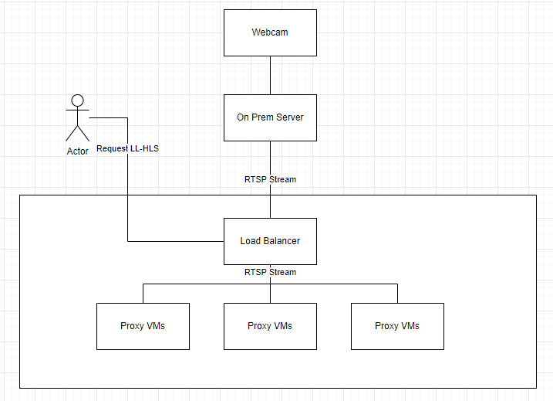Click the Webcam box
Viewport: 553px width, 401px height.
[x=270, y=33]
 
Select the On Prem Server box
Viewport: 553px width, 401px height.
[x=270, y=117]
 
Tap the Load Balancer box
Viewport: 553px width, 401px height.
[x=270, y=241]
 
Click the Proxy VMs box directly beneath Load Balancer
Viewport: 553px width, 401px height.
[x=270, y=327]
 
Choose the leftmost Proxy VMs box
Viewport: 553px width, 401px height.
[x=143, y=327]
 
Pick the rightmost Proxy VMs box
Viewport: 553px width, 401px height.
[x=397, y=327]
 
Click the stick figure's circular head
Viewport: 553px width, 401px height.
[x=78, y=100]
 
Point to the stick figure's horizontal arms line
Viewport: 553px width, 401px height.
[x=78, y=110]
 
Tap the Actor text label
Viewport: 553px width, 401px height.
[x=78, y=151]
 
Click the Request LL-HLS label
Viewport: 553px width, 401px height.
[x=128, y=149]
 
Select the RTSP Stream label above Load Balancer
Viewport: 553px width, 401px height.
[x=270, y=179]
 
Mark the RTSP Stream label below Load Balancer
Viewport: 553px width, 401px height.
[x=270, y=272]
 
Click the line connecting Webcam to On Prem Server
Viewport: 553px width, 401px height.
[x=270, y=75]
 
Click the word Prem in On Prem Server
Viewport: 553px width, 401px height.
[x=262, y=117]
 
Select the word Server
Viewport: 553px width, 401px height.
[x=289, y=117]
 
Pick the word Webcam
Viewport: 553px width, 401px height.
[x=270, y=32]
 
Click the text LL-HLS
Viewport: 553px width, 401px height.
[x=144, y=149]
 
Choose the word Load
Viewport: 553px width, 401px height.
[x=251, y=241]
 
